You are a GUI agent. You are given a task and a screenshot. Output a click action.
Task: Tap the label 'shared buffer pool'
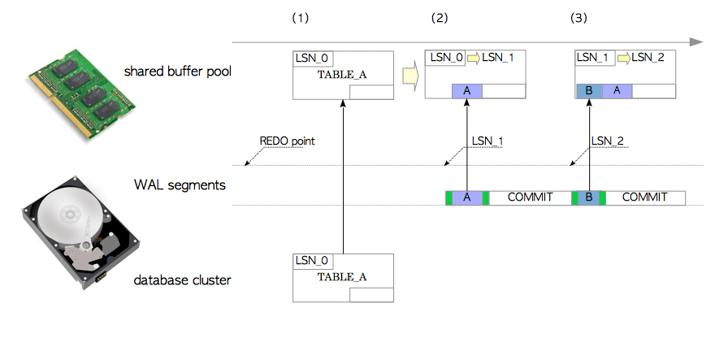[178, 72]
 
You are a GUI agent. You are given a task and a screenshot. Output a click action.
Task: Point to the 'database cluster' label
[182, 280]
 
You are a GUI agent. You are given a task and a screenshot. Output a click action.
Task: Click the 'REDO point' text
[287, 141]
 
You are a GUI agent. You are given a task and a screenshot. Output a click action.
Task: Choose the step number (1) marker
[301, 18]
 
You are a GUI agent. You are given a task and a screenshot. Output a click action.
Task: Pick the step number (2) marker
[439, 18]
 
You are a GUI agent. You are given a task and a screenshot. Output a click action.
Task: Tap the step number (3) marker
[578, 18]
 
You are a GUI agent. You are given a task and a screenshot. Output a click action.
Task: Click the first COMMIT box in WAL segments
[530, 197]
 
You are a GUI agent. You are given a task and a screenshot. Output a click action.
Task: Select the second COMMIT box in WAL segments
[644, 197]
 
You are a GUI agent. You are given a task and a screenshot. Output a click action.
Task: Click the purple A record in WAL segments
[467, 197]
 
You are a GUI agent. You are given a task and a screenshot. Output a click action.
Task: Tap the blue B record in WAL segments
[588, 197]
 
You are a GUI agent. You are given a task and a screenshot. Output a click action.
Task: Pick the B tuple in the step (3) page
[588, 91]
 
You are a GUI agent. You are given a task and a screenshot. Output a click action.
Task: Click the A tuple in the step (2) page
[467, 91]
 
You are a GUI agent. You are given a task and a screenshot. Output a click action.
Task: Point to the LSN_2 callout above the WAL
[608, 141]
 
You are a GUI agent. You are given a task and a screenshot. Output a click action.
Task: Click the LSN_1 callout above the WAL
[487, 141]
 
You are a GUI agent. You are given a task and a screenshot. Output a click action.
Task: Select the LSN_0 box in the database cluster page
[312, 261]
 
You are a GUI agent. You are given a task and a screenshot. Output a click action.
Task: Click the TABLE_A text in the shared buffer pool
[341, 75]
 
